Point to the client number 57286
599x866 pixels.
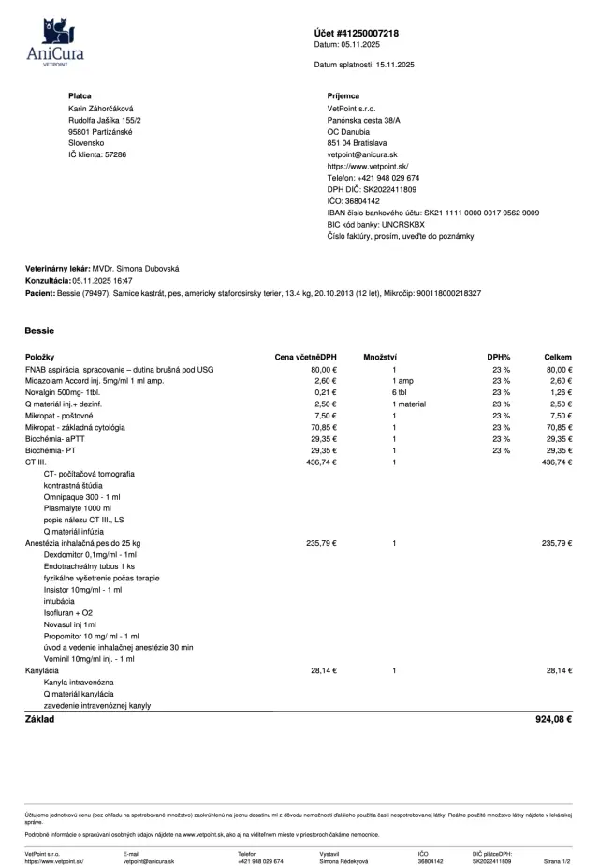click(110, 154)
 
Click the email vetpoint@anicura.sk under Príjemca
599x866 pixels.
click(363, 154)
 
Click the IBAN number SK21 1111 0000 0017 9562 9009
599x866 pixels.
click(479, 213)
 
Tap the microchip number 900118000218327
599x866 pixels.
click(442, 293)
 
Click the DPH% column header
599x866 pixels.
click(498, 358)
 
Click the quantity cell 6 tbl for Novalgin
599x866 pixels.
click(400, 392)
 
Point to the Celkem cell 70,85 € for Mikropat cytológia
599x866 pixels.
click(558, 427)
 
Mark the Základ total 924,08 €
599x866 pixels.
click(553, 719)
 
